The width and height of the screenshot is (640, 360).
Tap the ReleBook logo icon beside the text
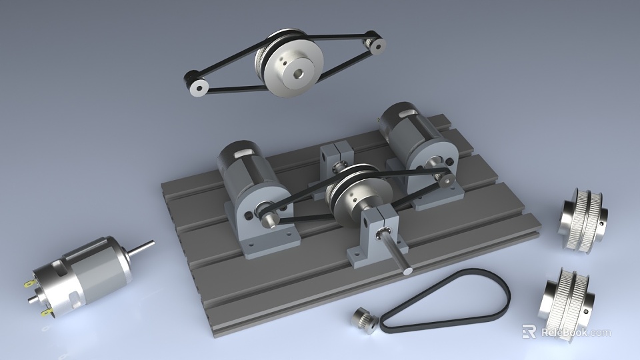pos(529,331)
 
